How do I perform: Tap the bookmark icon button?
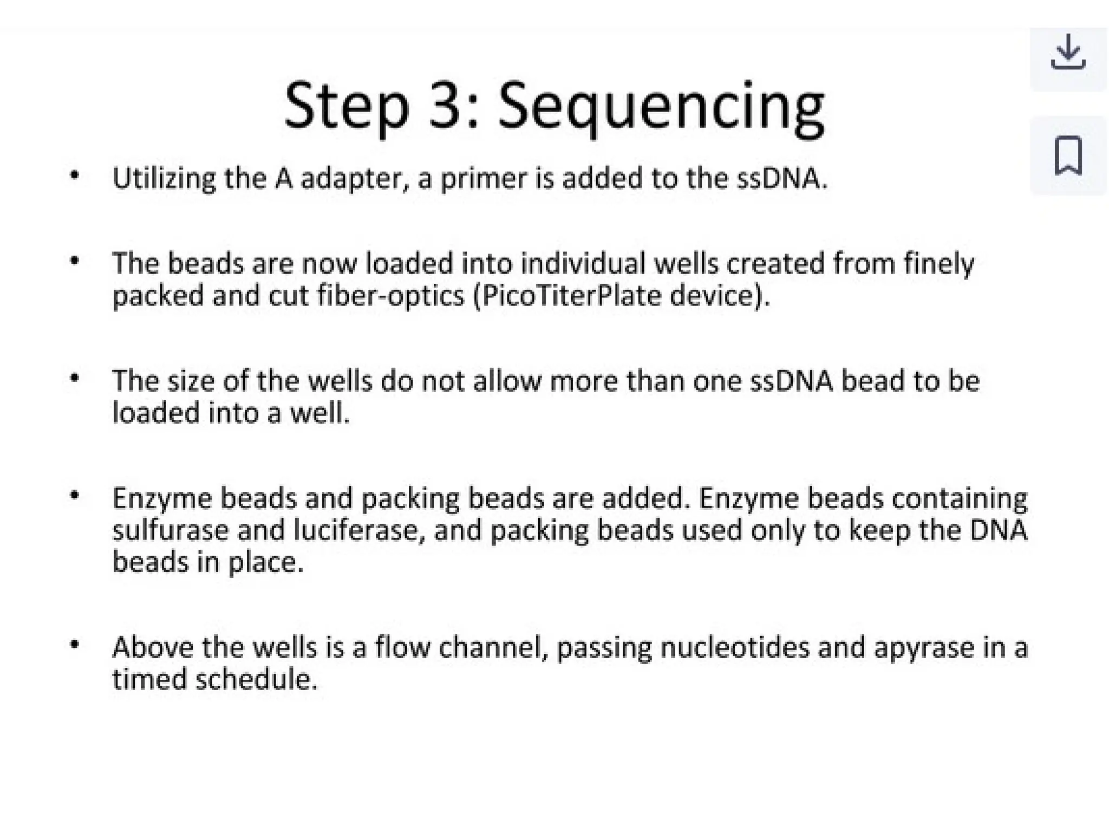1068,156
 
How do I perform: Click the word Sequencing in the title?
661,106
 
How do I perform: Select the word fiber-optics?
391,296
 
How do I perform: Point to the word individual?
583,264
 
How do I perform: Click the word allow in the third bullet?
507,381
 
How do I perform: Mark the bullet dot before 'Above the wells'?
75,645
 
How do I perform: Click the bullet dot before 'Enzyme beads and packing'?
75,495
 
